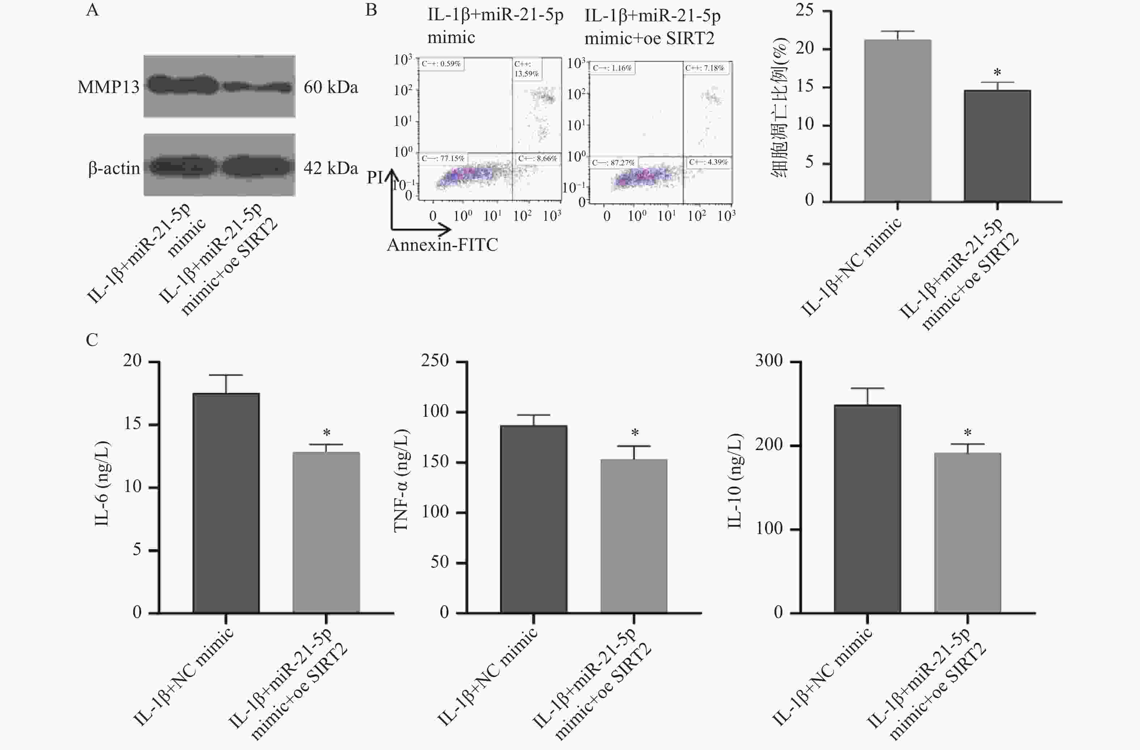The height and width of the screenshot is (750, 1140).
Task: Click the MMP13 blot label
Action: (108, 87)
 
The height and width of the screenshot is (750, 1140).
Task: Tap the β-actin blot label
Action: (114, 168)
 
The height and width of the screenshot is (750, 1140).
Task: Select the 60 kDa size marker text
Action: (330, 87)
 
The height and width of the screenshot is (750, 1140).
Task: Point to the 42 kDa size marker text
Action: (330, 168)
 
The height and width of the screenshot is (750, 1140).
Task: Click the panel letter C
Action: (92, 340)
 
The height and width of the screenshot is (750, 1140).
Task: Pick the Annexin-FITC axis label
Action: (442, 245)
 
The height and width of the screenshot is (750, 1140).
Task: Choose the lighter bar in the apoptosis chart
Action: (897, 120)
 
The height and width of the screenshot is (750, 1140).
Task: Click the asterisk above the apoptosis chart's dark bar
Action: (997, 73)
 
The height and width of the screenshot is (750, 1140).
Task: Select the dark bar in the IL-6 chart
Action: (226, 503)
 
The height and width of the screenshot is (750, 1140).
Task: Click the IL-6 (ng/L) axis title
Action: (102, 484)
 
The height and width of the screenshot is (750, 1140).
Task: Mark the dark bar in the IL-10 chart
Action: (867, 508)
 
